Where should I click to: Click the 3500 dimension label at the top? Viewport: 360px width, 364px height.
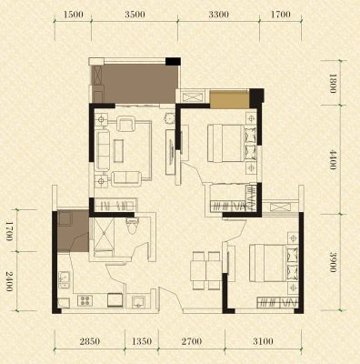pos(135,15)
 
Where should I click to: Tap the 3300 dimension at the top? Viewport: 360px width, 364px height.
pos(218,15)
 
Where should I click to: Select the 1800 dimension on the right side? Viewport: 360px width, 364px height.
pos(333,84)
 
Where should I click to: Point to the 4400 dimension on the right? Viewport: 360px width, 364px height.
pos(333,159)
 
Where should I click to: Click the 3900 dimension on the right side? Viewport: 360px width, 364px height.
pos(333,262)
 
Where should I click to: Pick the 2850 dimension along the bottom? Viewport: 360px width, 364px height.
pos(90,341)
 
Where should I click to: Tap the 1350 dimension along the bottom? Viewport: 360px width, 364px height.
pos(142,341)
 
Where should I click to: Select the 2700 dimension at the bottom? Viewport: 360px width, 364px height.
pos(192,341)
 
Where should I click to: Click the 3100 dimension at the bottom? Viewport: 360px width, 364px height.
pos(263,341)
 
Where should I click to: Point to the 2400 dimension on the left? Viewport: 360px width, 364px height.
pos(9,281)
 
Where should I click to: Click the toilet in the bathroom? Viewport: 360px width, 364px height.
pos(133,226)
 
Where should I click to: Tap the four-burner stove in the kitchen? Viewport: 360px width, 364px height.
pos(85,300)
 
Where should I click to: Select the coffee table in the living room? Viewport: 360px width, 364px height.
pos(118,151)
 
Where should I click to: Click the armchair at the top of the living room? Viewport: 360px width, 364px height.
pos(126,124)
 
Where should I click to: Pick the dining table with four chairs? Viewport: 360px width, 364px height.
pos(205,270)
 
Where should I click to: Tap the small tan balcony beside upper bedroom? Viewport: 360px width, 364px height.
pos(230,99)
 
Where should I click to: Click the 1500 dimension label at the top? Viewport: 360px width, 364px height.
pos(73,15)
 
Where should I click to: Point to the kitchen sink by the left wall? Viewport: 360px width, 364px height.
pos(65,279)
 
